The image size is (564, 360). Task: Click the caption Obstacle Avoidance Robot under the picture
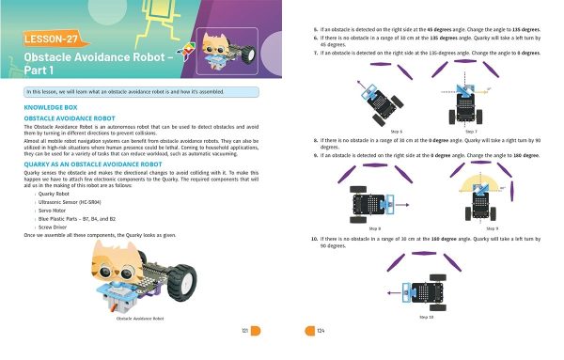click(x=139, y=320)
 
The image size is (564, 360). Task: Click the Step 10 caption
click(x=427, y=318)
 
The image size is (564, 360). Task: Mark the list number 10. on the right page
click(x=314, y=239)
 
